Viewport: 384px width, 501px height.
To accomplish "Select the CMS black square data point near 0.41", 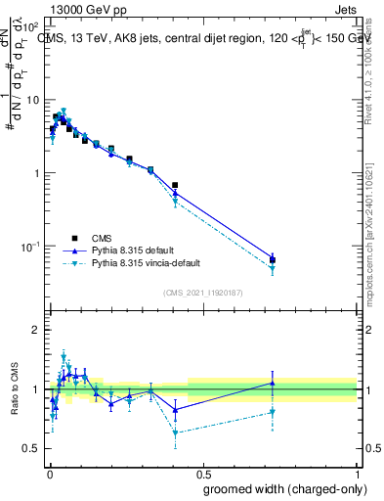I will pyautogui.click(x=175, y=185).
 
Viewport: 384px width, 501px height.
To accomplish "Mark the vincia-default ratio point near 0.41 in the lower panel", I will pyautogui.click(x=175, y=433).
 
